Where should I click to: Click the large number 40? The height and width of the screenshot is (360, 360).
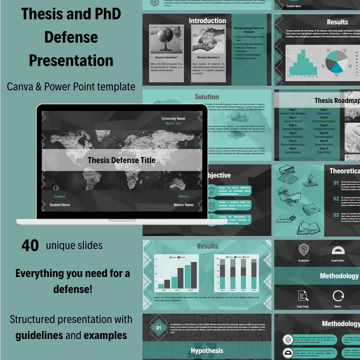click(30, 246)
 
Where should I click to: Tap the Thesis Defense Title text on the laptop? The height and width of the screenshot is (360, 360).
click(122, 160)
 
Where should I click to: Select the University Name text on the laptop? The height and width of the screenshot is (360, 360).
click(173, 119)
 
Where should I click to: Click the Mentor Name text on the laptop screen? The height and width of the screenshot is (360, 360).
click(183, 205)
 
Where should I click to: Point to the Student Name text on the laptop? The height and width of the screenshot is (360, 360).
click(60, 205)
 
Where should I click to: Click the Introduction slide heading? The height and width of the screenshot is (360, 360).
click(207, 21)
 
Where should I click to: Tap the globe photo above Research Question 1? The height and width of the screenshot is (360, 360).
click(166, 39)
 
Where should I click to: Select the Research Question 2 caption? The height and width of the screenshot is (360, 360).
click(208, 57)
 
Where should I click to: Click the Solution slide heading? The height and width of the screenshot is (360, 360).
click(207, 97)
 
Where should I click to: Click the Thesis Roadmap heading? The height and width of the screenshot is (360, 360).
click(337, 100)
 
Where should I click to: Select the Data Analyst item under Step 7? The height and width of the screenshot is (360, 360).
click(324, 114)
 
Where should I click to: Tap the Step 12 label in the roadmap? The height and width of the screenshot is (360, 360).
click(324, 149)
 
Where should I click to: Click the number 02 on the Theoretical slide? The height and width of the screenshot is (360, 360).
click(336, 199)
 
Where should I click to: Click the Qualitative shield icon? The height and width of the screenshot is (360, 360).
click(303, 249)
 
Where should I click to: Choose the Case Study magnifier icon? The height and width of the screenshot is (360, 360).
click(303, 296)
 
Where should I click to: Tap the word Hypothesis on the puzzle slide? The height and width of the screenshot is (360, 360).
click(207, 351)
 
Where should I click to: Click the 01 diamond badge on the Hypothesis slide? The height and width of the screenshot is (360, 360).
click(159, 328)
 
